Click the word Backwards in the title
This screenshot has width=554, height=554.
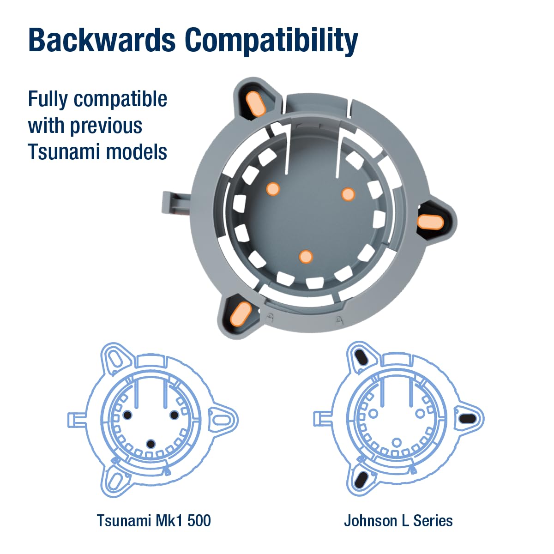pos(102,40)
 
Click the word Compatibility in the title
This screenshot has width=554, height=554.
pos(271,42)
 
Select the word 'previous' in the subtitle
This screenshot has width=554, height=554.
pos(106,126)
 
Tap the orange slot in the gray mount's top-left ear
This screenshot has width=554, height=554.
pos(255,104)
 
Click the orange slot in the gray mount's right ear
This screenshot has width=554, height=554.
pos(430,223)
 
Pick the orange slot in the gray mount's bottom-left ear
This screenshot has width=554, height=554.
pos(241,313)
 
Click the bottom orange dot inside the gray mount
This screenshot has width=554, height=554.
pos(306,256)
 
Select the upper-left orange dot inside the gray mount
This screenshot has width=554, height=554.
pos(273,189)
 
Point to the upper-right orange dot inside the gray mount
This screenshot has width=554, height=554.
pos(348,194)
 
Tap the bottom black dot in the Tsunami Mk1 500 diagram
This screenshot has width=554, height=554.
pos(151,444)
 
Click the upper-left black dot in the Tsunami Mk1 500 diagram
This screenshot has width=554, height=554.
pos(127,415)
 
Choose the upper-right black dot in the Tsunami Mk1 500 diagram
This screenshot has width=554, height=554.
pos(174,415)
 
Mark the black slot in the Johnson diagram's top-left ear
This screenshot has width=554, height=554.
pos(361,358)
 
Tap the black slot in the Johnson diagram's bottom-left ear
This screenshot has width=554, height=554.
pos(361,480)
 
